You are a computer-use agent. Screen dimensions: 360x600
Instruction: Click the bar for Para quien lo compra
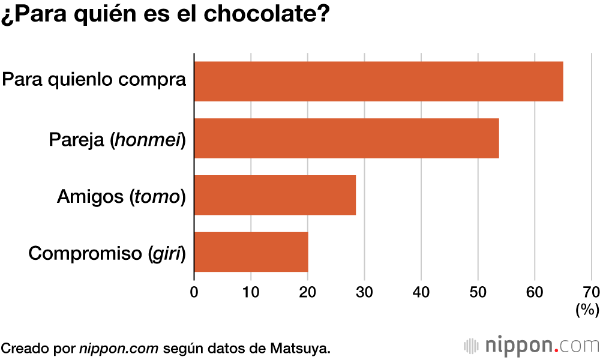378,81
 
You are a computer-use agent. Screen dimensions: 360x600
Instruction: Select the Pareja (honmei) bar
346,138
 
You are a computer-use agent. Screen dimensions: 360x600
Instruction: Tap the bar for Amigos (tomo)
275,195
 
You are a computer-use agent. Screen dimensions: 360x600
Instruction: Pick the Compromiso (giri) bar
251,252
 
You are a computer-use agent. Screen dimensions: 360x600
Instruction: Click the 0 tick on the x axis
194,292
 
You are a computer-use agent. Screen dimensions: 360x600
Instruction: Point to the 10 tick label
251,292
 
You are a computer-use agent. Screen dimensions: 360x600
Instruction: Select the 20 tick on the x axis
307,292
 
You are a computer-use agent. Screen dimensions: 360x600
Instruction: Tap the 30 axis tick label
364,292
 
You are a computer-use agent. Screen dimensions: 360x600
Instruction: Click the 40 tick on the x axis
421,292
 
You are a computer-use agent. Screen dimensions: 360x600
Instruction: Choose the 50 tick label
478,292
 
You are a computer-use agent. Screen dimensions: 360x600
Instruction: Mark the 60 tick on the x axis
535,292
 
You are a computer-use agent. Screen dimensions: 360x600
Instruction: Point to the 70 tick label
591,292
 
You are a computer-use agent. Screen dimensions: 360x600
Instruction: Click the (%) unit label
587,310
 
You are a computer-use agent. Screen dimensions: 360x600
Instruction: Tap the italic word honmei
147,140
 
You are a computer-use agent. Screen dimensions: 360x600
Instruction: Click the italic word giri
167,254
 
